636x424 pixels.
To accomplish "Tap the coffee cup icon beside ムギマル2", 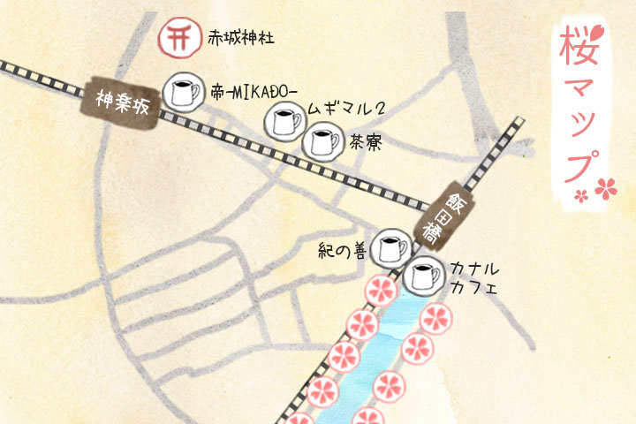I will click(284, 121).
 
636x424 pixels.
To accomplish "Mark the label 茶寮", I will click(366, 143).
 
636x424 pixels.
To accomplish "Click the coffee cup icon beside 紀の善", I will click(389, 248).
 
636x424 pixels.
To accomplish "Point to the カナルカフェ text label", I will click(475, 276).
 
